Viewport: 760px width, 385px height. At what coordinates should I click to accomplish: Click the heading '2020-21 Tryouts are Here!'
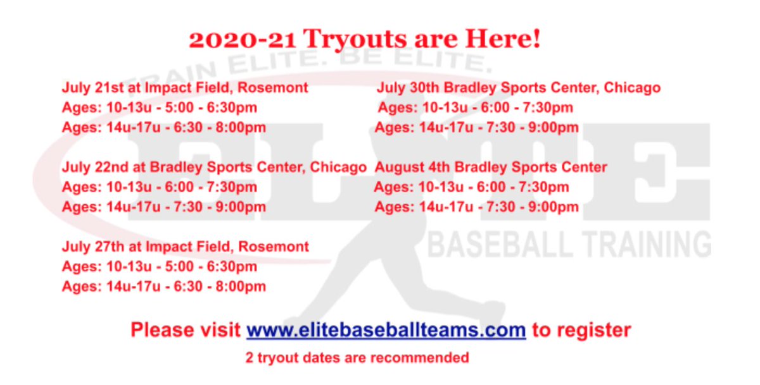pyautogui.click(x=365, y=39)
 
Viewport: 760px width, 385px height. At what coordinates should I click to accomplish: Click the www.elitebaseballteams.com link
pyautogui.click(x=386, y=330)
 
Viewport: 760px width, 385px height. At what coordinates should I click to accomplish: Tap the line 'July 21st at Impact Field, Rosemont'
pyautogui.click(x=185, y=87)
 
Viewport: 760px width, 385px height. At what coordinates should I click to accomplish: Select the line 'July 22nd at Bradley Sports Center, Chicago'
pyautogui.click(x=214, y=168)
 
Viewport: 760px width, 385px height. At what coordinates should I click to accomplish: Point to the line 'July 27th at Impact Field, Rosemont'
pyautogui.click(x=185, y=247)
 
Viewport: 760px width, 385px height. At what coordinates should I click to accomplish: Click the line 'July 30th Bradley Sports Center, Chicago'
pyautogui.click(x=519, y=87)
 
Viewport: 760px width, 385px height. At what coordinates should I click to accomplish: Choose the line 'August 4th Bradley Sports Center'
pyautogui.click(x=491, y=168)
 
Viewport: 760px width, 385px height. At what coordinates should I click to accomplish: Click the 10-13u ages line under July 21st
pyautogui.click(x=160, y=107)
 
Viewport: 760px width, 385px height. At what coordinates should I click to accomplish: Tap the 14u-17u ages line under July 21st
pyautogui.click(x=163, y=128)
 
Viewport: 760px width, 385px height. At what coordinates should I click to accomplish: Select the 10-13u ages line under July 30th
pyautogui.click(x=475, y=107)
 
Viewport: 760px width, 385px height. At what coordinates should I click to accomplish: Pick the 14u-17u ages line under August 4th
pyautogui.click(x=476, y=207)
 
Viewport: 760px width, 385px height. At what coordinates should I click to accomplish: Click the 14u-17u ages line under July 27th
pyautogui.click(x=163, y=286)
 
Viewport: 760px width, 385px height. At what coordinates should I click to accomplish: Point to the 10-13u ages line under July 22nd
pyautogui.click(x=160, y=188)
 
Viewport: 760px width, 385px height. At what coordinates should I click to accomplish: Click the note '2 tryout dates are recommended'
pyautogui.click(x=357, y=358)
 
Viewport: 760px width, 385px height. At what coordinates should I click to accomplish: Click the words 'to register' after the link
pyautogui.click(x=581, y=330)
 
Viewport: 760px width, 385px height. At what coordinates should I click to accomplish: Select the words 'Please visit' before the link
pyautogui.click(x=186, y=330)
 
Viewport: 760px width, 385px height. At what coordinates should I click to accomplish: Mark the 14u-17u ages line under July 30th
pyautogui.click(x=476, y=128)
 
